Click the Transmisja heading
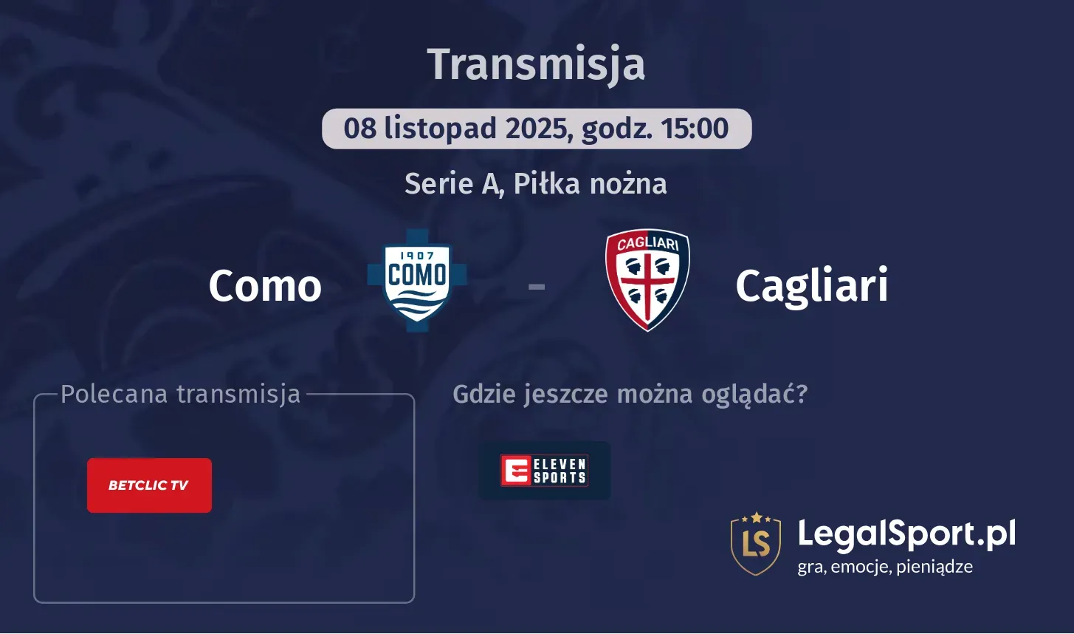(536, 64)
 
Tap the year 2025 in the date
(537, 129)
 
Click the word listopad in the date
(440, 129)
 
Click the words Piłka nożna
(590, 183)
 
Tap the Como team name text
(265, 286)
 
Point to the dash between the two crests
(537, 286)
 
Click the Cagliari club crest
(647, 280)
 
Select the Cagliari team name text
(811, 286)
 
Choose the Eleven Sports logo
(544, 470)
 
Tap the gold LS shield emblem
(755, 543)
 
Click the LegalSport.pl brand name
(906, 534)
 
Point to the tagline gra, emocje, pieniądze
(885, 567)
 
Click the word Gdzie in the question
(485, 394)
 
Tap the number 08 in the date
(360, 129)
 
